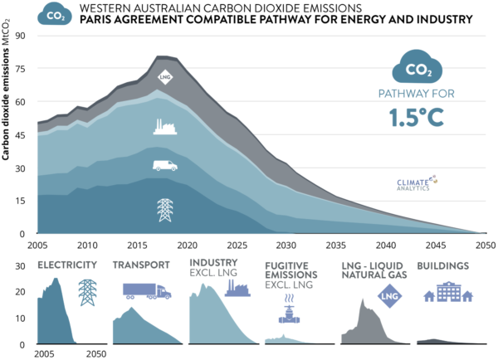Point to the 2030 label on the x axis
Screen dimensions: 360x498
point(285,246)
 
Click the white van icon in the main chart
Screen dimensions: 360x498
point(164,165)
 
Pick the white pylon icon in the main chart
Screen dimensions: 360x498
point(164,210)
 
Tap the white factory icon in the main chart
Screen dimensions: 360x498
point(164,126)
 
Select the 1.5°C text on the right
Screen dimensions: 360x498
point(417,118)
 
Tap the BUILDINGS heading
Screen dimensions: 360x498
point(445,266)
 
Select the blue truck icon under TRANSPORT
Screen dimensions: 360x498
point(147,291)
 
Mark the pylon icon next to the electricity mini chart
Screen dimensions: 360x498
point(86,293)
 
